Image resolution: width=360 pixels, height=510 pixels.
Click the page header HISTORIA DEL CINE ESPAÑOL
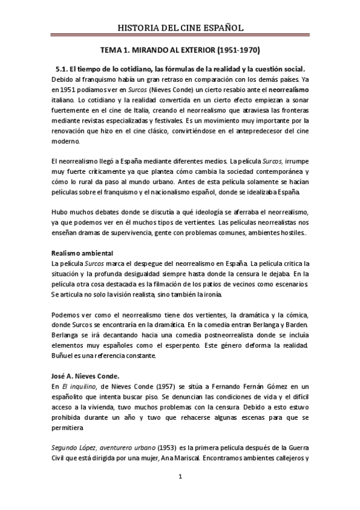(180, 28)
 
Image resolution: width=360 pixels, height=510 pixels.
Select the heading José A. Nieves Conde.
(87, 375)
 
